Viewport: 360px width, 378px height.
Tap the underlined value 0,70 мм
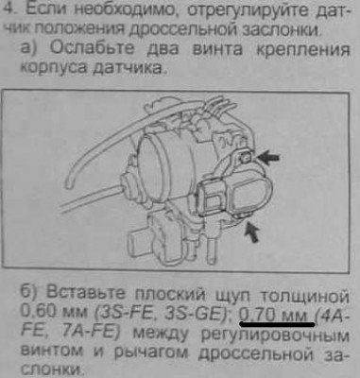pos(271,309)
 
